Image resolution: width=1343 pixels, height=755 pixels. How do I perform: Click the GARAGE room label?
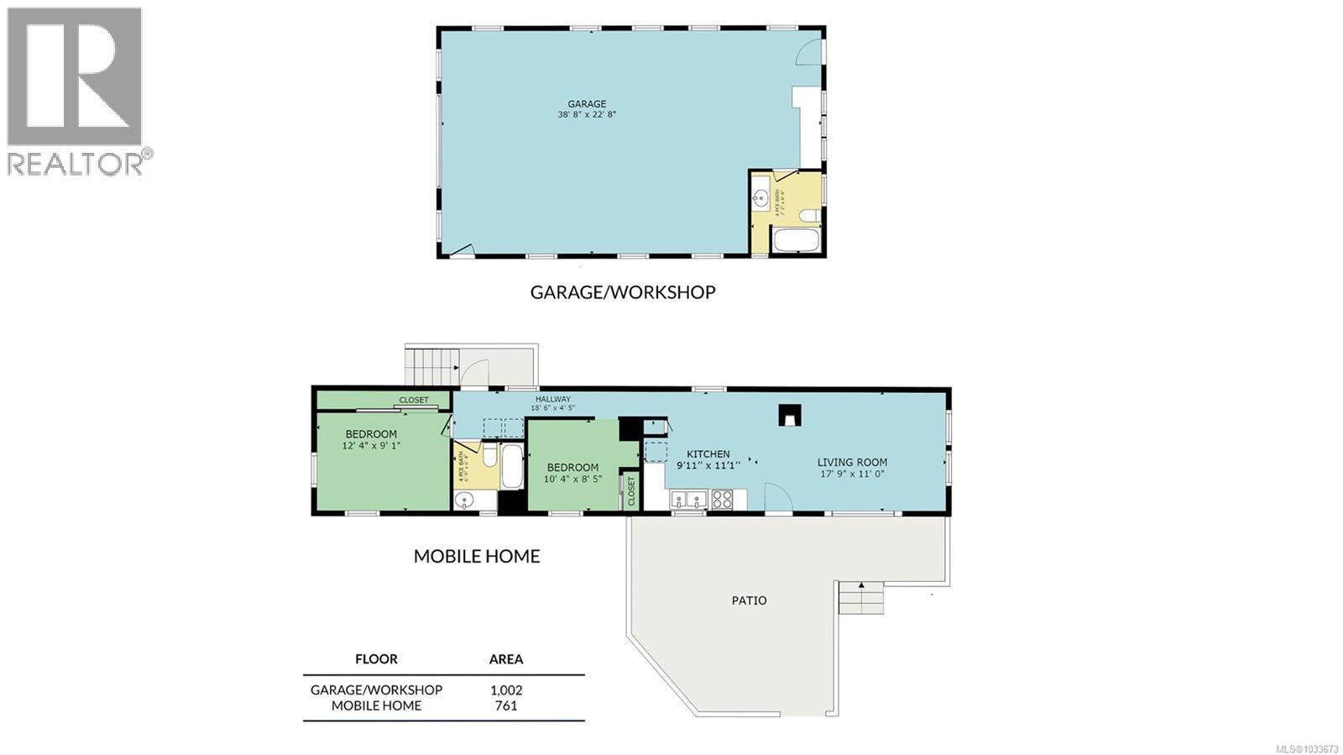tap(587, 104)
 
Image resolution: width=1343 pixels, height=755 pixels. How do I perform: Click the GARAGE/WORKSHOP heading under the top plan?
tap(622, 292)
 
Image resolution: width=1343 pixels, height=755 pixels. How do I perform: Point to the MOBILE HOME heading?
tap(476, 556)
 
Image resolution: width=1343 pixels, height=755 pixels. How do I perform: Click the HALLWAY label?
tap(552, 399)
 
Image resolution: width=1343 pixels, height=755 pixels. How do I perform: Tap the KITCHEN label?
tap(708, 454)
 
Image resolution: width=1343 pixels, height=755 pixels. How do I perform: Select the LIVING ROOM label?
tap(852, 462)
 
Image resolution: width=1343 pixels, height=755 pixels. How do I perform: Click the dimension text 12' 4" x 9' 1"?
tap(371, 446)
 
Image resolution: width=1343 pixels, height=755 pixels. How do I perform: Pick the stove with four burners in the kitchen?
tap(722, 500)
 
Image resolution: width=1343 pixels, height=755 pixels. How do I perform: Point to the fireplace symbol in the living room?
tap(789, 414)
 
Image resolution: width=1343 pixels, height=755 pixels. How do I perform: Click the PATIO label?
tap(749, 600)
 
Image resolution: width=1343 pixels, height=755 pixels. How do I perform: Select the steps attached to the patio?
tap(862, 598)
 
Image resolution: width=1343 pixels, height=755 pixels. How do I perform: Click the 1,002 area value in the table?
tap(506, 689)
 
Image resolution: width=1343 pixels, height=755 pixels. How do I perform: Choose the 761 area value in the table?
tap(506, 705)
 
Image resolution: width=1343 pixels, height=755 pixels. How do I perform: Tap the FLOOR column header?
tap(376, 659)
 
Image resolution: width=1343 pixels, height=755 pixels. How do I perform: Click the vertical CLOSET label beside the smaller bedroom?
tap(631, 492)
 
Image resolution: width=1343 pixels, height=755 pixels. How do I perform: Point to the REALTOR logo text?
tap(76, 163)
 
